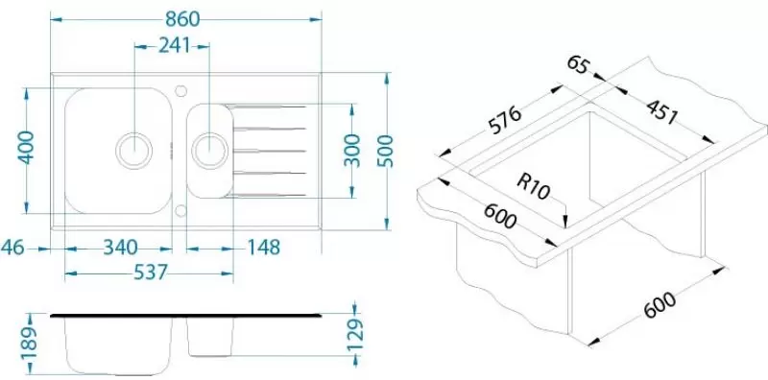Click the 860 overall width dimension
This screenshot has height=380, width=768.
pos(182,18)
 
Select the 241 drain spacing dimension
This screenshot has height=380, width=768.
pos(174,45)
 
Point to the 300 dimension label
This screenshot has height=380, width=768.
pos(351,150)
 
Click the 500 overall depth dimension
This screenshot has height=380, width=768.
pos(386,151)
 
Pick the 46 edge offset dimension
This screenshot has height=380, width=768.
pos(12,248)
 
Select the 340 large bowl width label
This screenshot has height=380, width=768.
pos(120,248)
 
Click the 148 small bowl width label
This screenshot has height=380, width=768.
pos(264,248)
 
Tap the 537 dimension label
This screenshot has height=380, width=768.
pos(151,272)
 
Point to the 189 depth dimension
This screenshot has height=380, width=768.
pos(31,343)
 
